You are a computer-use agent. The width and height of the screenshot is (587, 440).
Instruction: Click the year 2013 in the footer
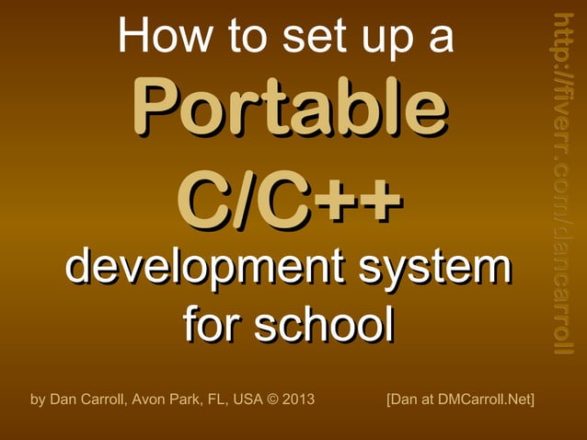[298, 399]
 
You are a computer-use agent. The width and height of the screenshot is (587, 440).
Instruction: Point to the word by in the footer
[38, 399]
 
